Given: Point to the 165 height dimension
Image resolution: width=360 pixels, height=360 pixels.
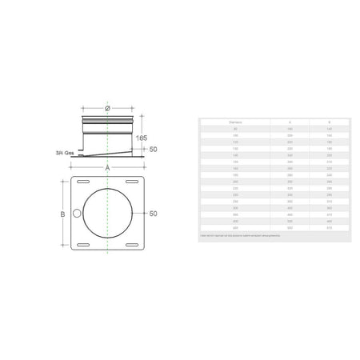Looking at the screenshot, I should [x=141, y=137].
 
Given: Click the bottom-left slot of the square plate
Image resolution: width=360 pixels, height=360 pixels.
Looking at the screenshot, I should [x=83, y=243].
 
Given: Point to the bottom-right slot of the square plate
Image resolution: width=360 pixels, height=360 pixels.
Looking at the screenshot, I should [x=130, y=243].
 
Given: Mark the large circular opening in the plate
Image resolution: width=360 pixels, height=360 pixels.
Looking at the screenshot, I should [x=107, y=213].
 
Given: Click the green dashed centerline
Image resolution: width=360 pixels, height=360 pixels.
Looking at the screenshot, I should [x=107, y=264].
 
